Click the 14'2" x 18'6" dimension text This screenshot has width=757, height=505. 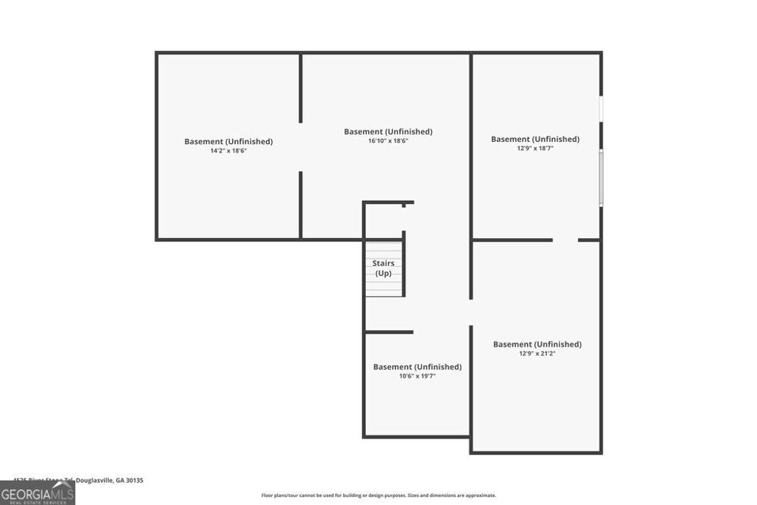click(228, 151)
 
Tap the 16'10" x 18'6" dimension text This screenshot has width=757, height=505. click(388, 140)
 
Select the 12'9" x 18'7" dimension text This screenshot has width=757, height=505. click(535, 148)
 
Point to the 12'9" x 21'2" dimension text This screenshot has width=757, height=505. click(537, 353)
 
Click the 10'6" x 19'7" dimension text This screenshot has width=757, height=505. click(417, 376)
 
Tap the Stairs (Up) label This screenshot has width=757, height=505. click(383, 268)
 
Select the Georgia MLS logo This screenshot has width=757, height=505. click(37, 492)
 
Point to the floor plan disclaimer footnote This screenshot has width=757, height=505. click(378, 495)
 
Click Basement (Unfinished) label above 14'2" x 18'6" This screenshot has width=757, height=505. click(228, 141)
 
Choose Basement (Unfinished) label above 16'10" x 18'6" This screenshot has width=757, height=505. click(388, 132)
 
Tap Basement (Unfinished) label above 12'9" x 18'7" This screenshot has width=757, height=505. click(535, 139)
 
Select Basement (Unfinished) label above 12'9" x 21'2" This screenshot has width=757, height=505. click(537, 344)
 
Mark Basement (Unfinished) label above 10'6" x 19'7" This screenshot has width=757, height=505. click(417, 367)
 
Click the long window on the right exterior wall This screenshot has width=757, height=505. click(601, 177)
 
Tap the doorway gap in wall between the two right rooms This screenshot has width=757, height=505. click(565, 240)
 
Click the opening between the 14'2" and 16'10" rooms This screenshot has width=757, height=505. click(300, 147)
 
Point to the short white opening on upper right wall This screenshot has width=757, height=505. click(601, 109)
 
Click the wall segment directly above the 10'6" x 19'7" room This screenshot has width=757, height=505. click(389, 332)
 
